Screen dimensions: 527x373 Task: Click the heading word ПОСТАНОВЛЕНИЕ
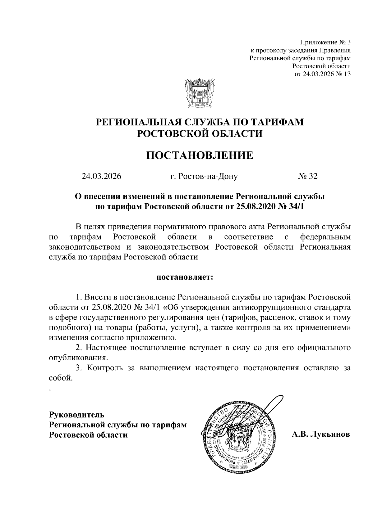tap(200, 155)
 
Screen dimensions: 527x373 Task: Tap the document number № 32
tap(308, 177)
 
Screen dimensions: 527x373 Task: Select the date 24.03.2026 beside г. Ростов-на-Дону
tap(101, 177)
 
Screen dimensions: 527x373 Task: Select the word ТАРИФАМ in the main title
tap(277, 122)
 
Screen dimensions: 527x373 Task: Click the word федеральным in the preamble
tap(325, 237)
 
